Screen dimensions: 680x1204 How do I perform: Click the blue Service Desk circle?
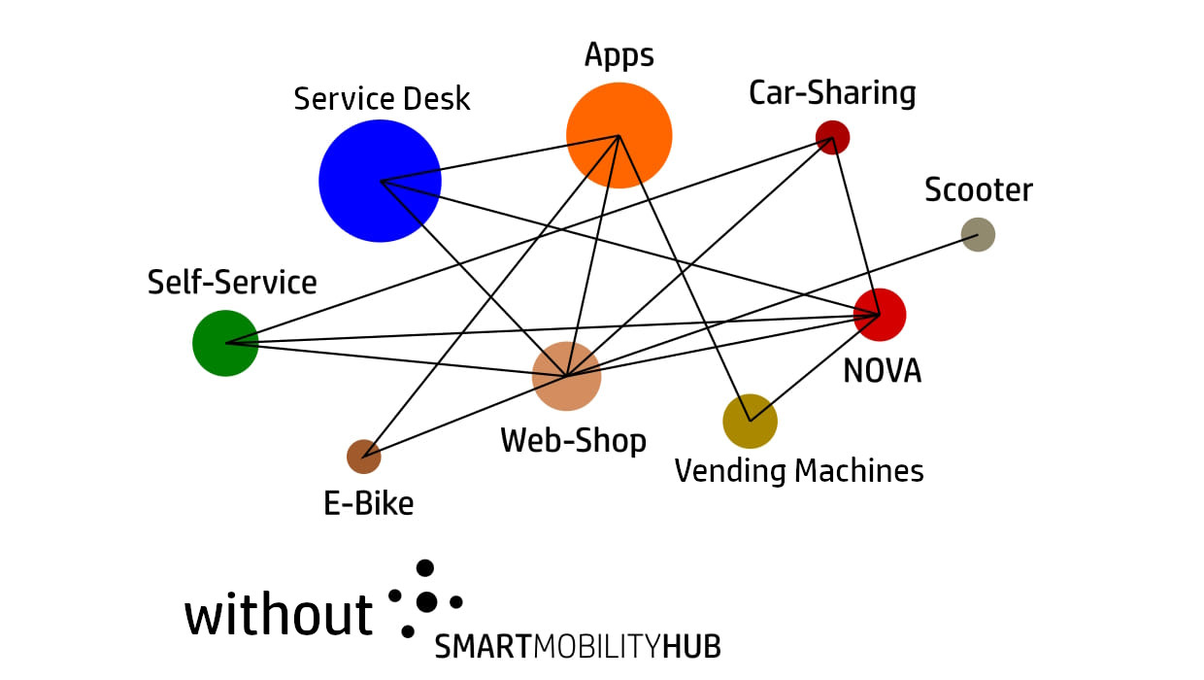380,181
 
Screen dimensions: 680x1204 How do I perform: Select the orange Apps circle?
619,135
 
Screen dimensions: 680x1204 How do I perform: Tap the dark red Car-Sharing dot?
832,137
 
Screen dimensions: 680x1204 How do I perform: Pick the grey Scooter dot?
978,234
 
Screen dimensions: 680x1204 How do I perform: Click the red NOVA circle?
880,315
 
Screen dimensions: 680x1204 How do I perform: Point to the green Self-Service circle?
225,343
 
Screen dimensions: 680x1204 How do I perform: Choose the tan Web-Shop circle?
566,376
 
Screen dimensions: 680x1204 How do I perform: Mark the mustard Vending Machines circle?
750,422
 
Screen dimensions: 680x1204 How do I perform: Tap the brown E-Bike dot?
363,456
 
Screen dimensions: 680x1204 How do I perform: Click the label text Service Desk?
382,99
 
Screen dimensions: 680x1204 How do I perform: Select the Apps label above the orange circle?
619,56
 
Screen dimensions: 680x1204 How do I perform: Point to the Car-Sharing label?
832,93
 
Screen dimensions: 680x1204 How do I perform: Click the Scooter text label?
978,189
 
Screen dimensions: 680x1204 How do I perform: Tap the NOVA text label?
882,370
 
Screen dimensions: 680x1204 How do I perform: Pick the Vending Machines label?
798,471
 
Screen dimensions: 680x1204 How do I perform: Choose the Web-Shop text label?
573,441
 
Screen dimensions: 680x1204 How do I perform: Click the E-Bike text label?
368,503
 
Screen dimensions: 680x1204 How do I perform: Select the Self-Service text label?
232,283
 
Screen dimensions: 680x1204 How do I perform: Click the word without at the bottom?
279,615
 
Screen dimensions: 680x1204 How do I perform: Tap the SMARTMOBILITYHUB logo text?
577,647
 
